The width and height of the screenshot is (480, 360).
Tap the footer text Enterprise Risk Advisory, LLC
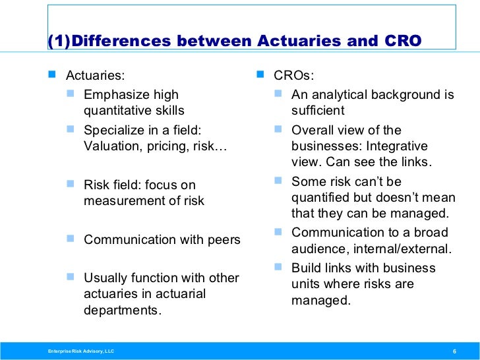point(76,350)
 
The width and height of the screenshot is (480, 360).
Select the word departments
point(122,309)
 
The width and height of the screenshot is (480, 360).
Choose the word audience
point(316,249)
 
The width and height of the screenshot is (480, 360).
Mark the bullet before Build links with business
point(279,267)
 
